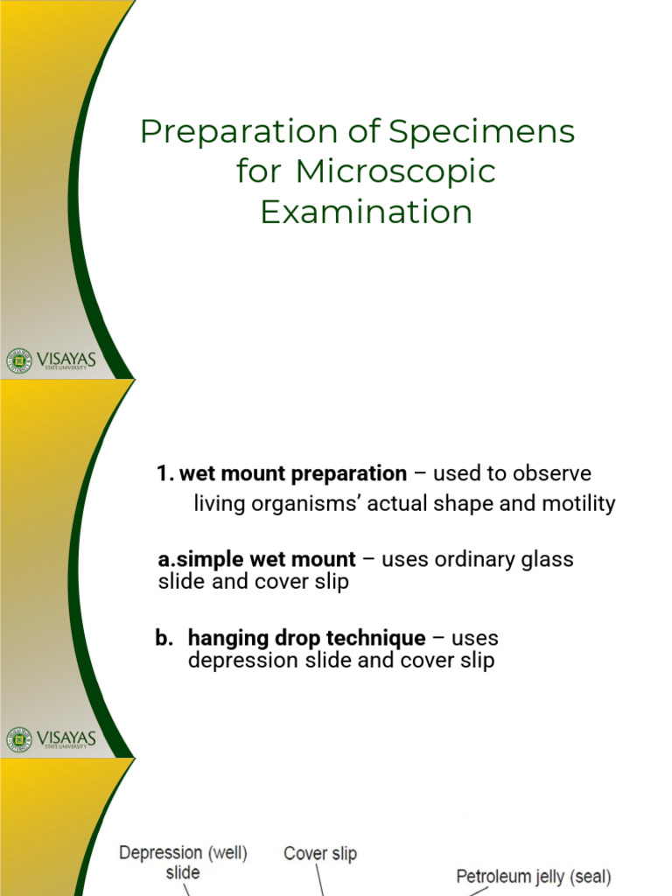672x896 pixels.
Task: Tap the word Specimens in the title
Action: [482, 133]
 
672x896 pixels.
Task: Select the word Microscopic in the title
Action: [395, 171]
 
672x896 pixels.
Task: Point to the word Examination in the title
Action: [366, 212]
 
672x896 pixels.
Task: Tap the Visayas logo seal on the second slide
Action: [18, 739]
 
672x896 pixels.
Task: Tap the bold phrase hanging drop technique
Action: [306, 639]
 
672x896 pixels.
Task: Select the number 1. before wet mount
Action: [164, 474]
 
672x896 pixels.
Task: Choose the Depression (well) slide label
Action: [183, 861]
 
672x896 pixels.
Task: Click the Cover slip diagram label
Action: [319, 853]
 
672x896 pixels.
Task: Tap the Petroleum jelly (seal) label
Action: [534, 876]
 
